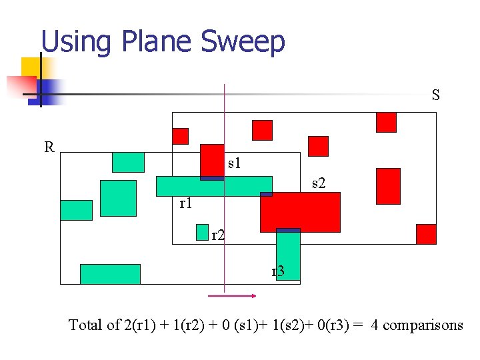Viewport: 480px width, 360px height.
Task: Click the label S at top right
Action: click(435, 95)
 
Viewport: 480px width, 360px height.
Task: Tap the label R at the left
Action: click(49, 147)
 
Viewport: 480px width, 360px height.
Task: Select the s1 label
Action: click(234, 162)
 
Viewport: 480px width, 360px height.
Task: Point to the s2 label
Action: click(319, 183)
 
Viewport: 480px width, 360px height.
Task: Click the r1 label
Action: click(186, 203)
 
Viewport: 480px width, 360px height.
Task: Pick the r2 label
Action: click(218, 235)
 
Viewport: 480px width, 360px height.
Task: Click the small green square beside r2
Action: click(203, 232)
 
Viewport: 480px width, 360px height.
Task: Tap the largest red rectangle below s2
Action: click(300, 212)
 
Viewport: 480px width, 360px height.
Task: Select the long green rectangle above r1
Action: click(214, 186)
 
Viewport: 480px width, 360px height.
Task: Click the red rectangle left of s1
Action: click(212, 161)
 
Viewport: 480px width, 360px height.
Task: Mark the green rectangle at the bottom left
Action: click(110, 274)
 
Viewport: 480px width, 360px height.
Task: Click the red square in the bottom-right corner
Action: click(426, 234)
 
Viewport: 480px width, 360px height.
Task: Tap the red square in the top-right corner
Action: click(386, 122)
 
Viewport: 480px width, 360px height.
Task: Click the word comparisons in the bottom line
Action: click(423, 325)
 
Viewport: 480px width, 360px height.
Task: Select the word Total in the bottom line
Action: click(85, 325)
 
